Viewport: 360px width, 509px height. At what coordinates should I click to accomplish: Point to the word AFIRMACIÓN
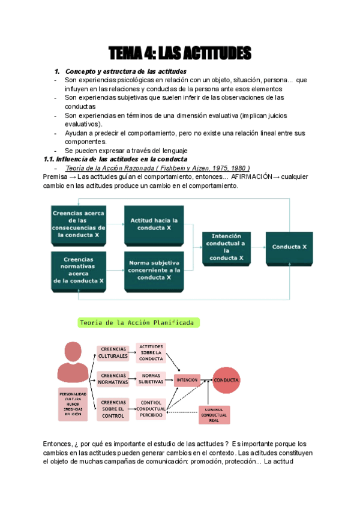pos(251,177)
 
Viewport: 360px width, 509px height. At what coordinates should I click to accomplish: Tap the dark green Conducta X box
pos(289,247)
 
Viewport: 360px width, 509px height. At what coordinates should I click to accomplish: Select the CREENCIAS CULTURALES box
pos(113,352)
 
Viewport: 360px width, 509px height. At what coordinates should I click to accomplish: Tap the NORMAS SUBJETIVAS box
pos(151,378)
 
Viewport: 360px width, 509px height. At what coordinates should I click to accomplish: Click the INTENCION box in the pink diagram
pos(186,379)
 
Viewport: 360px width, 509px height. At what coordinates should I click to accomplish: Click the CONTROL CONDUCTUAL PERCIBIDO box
pos(151,408)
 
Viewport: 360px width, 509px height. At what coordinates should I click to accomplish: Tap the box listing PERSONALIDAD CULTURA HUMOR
pos(73,403)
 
